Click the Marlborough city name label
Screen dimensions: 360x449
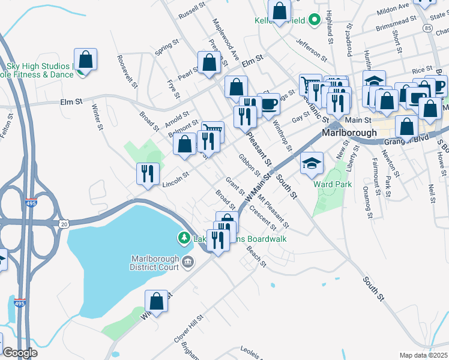[x=349, y=133]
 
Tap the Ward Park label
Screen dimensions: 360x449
[x=334, y=184]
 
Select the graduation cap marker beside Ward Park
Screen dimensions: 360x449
[x=312, y=163]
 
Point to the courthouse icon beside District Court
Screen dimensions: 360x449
[x=188, y=260]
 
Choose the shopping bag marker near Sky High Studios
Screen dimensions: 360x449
[x=86, y=60]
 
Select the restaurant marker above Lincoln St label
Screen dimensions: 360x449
[x=147, y=174]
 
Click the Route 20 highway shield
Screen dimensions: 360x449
[x=64, y=223]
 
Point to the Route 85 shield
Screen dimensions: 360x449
[x=427, y=28]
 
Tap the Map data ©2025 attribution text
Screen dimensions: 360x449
[x=424, y=355]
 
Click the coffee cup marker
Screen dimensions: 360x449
[x=269, y=104]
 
